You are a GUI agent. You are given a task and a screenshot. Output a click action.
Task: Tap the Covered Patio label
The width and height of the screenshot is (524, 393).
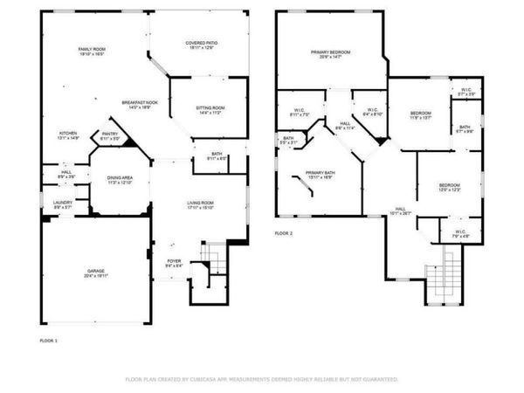click(x=201, y=45)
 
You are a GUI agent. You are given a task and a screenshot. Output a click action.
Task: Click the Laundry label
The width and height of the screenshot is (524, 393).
click(x=62, y=204)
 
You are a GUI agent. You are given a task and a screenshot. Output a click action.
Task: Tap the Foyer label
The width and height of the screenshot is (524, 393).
click(x=175, y=262)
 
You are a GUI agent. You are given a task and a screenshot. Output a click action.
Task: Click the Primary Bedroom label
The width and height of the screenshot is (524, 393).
click(x=329, y=54)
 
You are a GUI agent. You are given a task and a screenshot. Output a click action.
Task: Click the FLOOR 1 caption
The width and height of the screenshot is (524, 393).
click(x=49, y=339)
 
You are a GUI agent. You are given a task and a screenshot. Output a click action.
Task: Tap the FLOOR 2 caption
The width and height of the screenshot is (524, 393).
click(x=284, y=233)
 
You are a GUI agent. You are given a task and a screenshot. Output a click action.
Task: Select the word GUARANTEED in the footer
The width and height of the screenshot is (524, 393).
click(x=378, y=380)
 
